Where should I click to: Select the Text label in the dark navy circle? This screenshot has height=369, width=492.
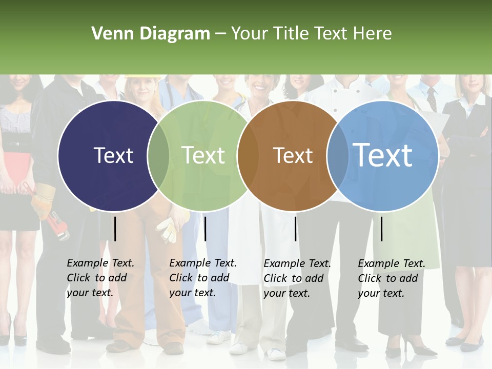click(x=113, y=155)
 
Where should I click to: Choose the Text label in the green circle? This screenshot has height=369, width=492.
click(x=203, y=155)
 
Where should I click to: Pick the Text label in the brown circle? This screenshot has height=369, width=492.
click(x=293, y=155)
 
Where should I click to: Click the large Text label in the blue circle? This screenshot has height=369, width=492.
click(x=383, y=155)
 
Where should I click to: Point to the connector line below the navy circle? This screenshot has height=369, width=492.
click(x=115, y=229)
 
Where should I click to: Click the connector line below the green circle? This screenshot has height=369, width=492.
click(x=205, y=229)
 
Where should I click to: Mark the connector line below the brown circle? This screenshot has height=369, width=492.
click(x=295, y=229)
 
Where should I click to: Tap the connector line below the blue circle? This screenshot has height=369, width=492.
click(x=381, y=229)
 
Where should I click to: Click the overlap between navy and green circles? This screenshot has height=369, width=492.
click(x=158, y=155)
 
